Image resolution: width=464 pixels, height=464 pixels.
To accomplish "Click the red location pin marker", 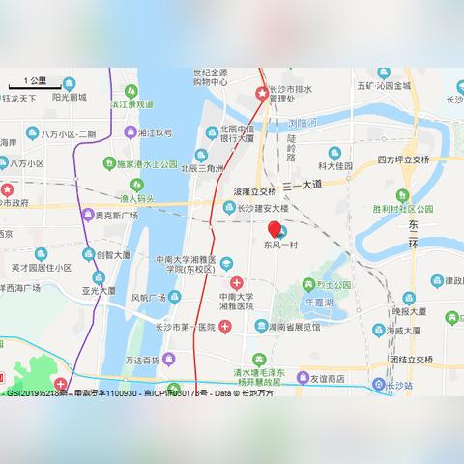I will [275, 230].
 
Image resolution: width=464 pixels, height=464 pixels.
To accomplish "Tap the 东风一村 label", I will [280, 246].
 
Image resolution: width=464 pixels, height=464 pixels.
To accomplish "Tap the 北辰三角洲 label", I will [205, 166].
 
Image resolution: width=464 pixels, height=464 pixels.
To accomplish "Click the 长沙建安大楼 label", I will [263, 209].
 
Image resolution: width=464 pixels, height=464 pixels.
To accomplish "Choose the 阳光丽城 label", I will [68, 97].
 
